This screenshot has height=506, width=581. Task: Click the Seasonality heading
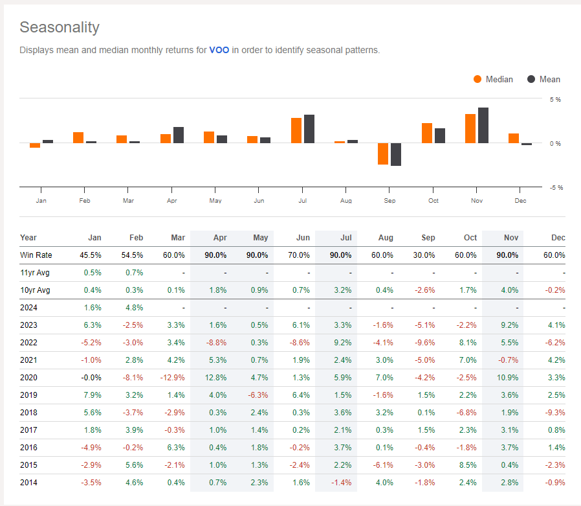[x=60, y=27]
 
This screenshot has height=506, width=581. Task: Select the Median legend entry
[x=493, y=79]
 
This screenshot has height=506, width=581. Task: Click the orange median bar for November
[x=470, y=128]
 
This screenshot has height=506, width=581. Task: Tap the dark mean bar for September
[x=395, y=154]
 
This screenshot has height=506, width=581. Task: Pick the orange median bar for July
[x=296, y=130]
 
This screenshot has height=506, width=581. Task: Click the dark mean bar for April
[x=179, y=135]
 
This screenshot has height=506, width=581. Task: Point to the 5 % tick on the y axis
[x=555, y=100]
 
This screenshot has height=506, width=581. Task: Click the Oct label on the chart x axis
[x=433, y=201]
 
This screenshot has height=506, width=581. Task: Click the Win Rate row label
[x=36, y=255]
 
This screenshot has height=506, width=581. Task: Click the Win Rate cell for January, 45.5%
[x=91, y=255]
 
